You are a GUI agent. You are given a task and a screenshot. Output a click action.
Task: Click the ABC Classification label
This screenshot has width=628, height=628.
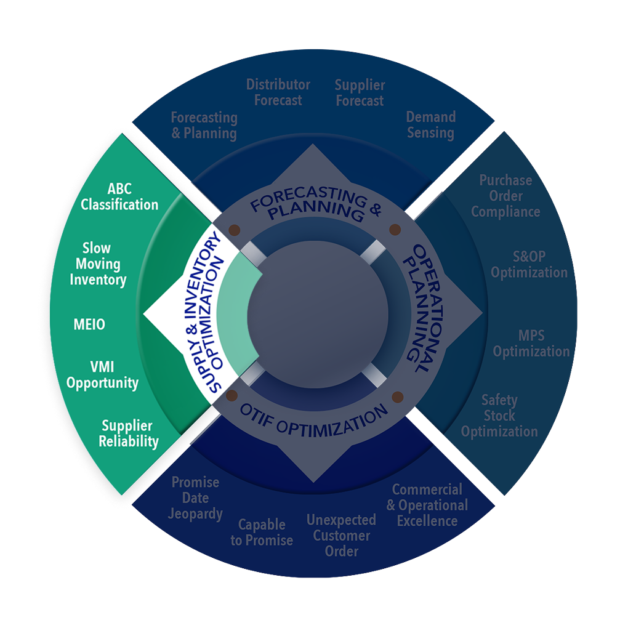(119, 196)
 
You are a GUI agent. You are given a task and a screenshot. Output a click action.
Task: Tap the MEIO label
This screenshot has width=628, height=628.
(89, 324)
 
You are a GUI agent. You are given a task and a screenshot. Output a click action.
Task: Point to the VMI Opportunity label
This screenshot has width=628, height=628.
(102, 375)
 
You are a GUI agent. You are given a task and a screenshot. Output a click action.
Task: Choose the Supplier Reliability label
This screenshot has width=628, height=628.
(129, 433)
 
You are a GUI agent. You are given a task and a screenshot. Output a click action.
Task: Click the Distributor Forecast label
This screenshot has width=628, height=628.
(278, 92)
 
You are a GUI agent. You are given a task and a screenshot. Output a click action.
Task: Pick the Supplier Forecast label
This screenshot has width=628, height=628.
(360, 93)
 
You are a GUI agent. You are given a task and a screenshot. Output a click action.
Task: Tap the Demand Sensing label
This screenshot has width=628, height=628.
(430, 124)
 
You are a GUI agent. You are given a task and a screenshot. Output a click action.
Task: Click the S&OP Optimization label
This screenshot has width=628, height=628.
(529, 264)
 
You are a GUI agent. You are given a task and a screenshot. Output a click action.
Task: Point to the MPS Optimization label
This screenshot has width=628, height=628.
(531, 344)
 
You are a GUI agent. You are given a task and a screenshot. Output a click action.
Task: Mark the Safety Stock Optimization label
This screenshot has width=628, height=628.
(499, 416)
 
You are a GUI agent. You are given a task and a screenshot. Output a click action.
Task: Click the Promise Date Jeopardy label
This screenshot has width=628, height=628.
(195, 497)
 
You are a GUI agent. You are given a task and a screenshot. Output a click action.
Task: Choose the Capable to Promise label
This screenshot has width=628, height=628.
(262, 533)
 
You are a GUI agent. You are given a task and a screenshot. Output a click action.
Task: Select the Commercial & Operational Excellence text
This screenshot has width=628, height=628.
(427, 505)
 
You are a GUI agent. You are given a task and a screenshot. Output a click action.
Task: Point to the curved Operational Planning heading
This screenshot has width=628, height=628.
(414, 308)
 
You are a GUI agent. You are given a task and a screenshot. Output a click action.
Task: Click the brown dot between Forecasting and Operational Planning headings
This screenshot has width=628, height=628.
(395, 230)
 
